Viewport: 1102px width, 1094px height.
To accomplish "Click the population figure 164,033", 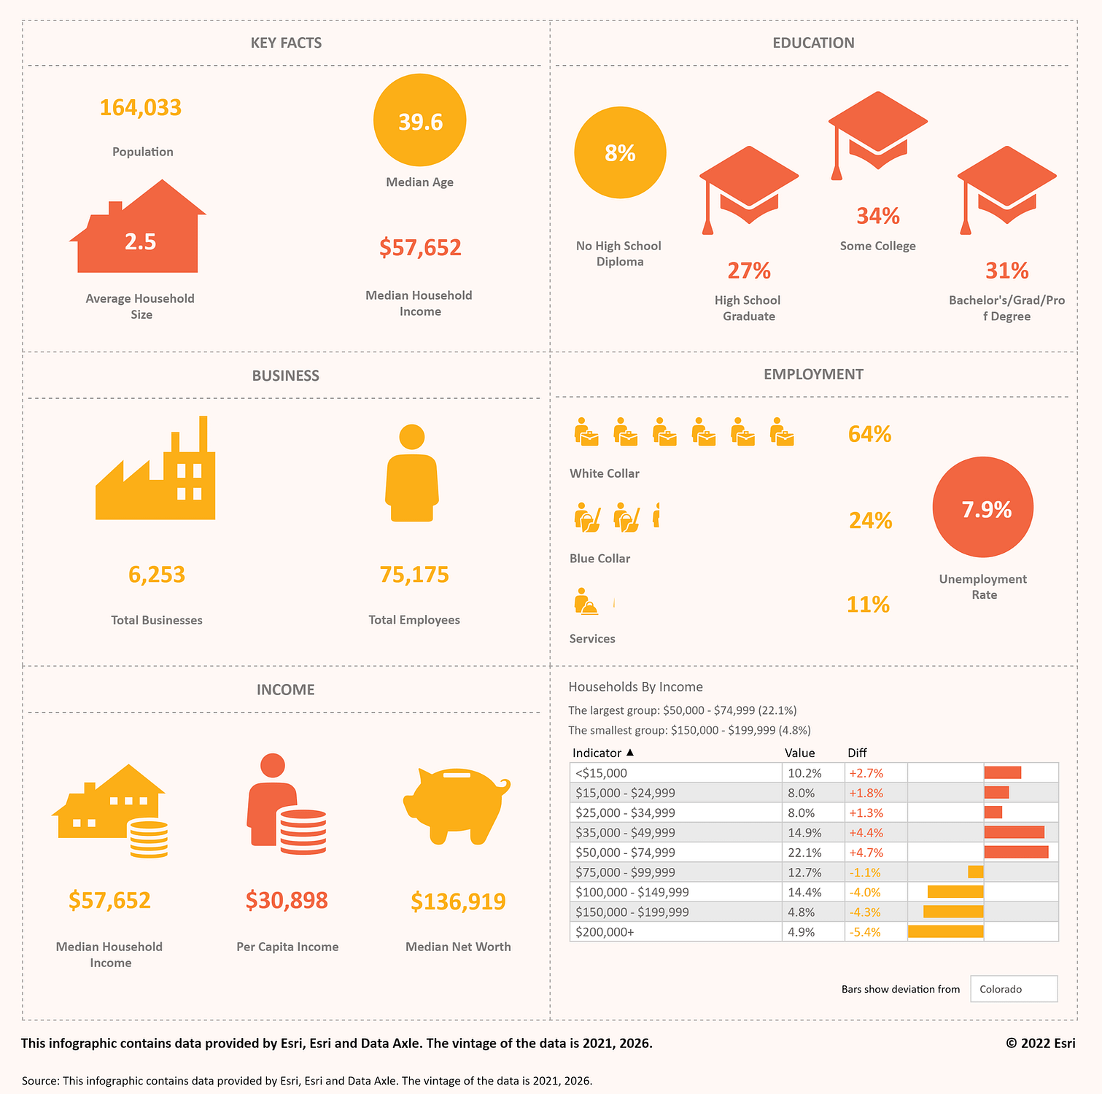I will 141,108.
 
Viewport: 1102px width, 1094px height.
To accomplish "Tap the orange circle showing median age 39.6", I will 419,121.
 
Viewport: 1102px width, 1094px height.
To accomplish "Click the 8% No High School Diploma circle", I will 620,153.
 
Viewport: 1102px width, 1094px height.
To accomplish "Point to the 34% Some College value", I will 877,216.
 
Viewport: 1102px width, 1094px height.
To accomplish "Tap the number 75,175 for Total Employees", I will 414,575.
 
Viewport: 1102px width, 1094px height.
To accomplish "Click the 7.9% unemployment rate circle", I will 983,508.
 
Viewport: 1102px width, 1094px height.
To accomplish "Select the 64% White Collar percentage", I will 869,435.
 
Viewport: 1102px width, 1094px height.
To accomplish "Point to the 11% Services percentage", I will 868,605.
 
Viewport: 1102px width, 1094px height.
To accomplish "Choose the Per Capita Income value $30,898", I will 287,901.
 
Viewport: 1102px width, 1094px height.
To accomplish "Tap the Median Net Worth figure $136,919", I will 458,901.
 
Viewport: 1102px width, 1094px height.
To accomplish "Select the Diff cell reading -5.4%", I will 865,932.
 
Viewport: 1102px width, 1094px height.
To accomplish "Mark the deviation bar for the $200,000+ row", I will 946,931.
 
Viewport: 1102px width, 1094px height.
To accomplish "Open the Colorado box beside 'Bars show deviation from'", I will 1014,989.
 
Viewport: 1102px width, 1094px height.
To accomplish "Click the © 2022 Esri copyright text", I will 1040,1043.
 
